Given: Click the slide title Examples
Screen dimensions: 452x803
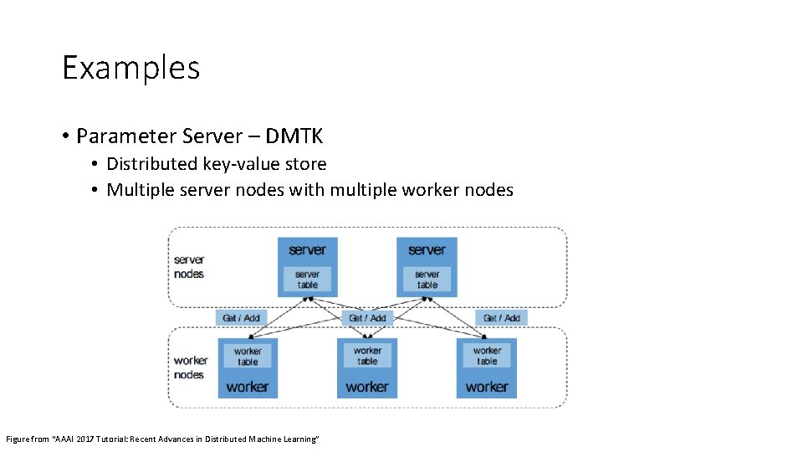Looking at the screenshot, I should click(131, 68).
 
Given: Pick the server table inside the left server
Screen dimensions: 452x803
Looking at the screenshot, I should click(307, 279).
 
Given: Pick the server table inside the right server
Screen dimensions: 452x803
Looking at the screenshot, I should click(427, 279).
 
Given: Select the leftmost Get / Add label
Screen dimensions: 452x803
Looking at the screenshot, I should click(242, 318).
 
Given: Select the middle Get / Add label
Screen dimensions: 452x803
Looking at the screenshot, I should click(367, 318).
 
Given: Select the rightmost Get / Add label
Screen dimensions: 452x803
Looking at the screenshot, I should click(501, 318).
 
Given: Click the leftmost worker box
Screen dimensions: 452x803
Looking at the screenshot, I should click(248, 386).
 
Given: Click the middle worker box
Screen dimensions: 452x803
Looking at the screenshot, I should click(367, 386).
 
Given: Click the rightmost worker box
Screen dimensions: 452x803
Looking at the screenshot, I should click(487, 386).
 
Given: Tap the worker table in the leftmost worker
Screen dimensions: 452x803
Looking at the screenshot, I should click(248, 357).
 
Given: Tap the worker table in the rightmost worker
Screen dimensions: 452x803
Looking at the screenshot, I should click(487, 357).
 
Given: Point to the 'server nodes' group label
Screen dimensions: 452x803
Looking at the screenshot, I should click(189, 267).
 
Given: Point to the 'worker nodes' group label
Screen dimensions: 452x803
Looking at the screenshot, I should click(190, 367).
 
